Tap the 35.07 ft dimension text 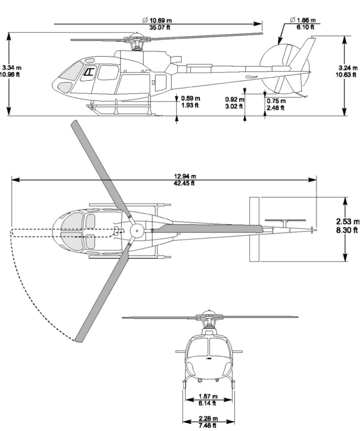(x=159, y=27)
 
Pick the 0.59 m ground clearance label (x=191, y=98)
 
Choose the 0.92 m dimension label (x=235, y=99)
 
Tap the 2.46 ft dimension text (x=275, y=108)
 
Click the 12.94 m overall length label (x=185, y=176)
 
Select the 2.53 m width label (x=348, y=221)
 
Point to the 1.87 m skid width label (x=208, y=396)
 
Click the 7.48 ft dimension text (x=207, y=426)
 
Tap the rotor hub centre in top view (x=137, y=231)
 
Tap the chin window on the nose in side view (x=65, y=87)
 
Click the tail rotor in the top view (x=285, y=221)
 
